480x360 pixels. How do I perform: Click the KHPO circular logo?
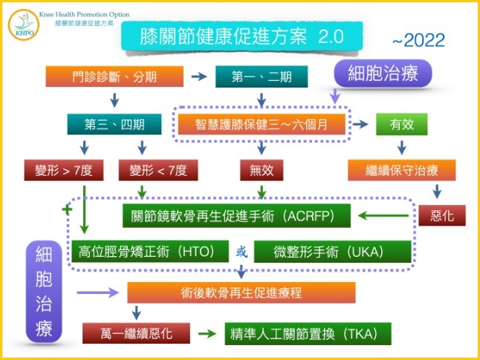[24, 25]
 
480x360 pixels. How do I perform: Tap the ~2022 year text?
[418, 40]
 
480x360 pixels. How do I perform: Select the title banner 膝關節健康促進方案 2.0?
[241, 36]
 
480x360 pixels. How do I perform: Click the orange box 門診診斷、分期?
[114, 76]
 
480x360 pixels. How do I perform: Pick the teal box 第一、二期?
[262, 76]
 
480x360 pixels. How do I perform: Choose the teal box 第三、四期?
[114, 124]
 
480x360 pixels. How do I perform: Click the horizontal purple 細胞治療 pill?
[383, 73]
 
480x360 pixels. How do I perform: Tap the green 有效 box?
[402, 124]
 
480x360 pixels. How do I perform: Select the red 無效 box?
[262, 170]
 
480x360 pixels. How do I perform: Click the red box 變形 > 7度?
[64, 170]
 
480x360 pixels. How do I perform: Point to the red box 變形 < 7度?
[158, 170]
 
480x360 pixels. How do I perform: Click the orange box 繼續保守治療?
[402, 170]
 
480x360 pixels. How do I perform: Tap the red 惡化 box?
[442, 216]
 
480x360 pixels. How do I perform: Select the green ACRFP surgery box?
[236, 216]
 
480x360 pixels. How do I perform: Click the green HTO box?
[150, 252]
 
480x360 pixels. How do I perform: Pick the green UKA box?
[332, 252]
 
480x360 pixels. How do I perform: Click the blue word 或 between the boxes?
[241, 252]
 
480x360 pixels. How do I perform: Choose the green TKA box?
[308, 334]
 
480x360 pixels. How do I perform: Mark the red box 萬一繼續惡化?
[136, 333]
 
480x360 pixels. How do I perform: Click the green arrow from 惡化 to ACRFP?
[383, 216]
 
